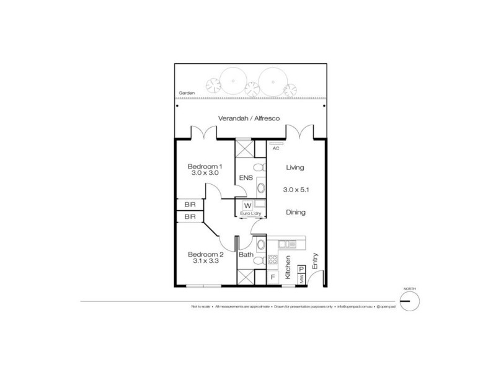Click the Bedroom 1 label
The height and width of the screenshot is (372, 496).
pos(205,166)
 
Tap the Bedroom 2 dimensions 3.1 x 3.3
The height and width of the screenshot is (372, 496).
pos(205,261)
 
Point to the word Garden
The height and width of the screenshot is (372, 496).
pos(187,93)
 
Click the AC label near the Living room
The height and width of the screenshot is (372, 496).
pos(276,148)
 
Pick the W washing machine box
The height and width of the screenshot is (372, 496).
pos(247,205)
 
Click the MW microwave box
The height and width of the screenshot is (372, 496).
pos(302,280)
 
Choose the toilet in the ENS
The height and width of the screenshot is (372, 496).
pos(260,167)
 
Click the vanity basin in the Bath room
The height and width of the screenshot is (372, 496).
pos(260,244)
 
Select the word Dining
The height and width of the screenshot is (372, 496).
pos(295,211)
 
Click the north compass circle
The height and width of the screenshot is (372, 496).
pos(410,302)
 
